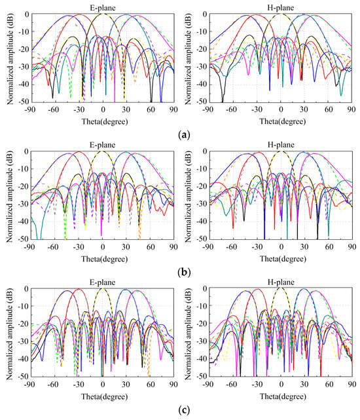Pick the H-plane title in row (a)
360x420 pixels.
pyautogui.click(x=281, y=7)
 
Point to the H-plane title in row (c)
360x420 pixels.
pyautogui.click(x=281, y=282)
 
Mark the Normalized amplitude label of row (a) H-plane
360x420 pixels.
pyautogui.click(x=185, y=58)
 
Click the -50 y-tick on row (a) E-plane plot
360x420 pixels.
pyautogui.click(x=21, y=102)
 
